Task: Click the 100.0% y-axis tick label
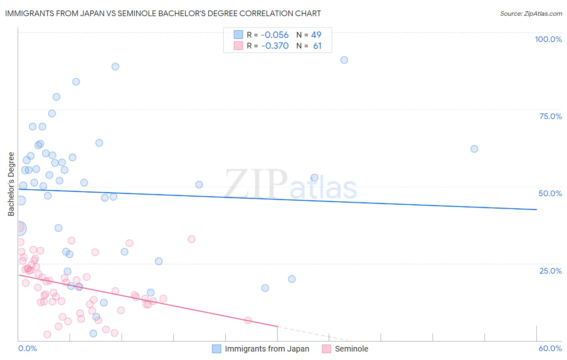(x=548, y=39)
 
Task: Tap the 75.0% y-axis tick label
(x=550, y=116)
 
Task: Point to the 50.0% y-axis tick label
(x=550, y=193)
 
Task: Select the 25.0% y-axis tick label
(x=550, y=270)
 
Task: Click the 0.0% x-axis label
(x=27, y=348)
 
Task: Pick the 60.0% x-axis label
(x=550, y=348)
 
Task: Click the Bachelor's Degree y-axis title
(x=11, y=184)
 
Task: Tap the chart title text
(x=163, y=13)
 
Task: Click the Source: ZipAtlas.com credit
(x=531, y=14)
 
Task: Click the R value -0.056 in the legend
(x=275, y=35)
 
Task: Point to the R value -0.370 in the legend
(x=275, y=46)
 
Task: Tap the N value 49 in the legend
(x=316, y=35)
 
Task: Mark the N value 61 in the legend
(x=317, y=46)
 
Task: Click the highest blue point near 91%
(x=344, y=60)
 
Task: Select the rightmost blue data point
(x=474, y=149)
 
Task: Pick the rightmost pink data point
(x=248, y=320)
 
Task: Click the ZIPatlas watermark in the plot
(x=291, y=184)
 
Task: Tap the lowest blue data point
(x=93, y=333)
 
